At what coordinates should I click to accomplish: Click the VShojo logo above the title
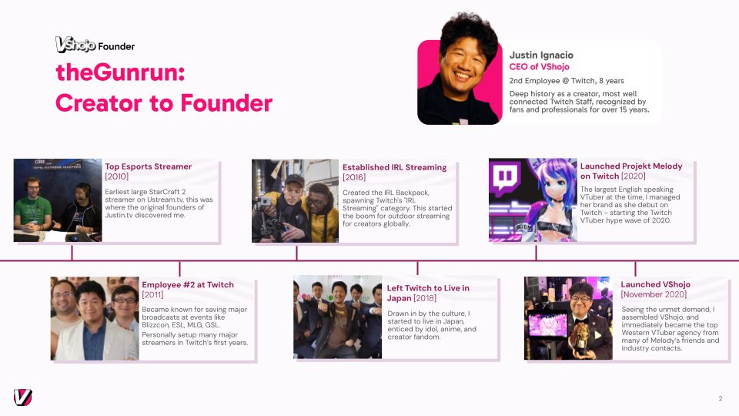[x=75, y=45]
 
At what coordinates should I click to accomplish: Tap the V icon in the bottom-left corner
[x=22, y=398]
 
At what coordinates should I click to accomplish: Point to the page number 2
[x=721, y=398]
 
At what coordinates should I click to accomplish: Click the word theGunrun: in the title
[x=120, y=72]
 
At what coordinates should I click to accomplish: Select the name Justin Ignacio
[x=541, y=55]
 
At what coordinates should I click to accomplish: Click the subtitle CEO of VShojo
[x=539, y=67]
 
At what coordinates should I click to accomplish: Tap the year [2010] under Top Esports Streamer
[x=116, y=176]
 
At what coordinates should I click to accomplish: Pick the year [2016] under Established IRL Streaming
[x=354, y=177]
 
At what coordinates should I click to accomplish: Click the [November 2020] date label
[x=654, y=294]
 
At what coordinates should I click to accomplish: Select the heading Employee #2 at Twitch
[x=188, y=285]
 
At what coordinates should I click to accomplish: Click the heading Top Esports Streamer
[x=148, y=166]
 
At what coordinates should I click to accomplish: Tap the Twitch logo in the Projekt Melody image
[x=505, y=178]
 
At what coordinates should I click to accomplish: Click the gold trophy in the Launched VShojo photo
[x=580, y=338]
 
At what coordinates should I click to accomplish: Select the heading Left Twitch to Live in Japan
[x=428, y=293]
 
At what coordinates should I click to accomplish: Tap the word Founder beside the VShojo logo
[x=116, y=46]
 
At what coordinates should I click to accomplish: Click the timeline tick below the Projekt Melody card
[x=536, y=253]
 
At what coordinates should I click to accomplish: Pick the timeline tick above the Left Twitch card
[x=417, y=268]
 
